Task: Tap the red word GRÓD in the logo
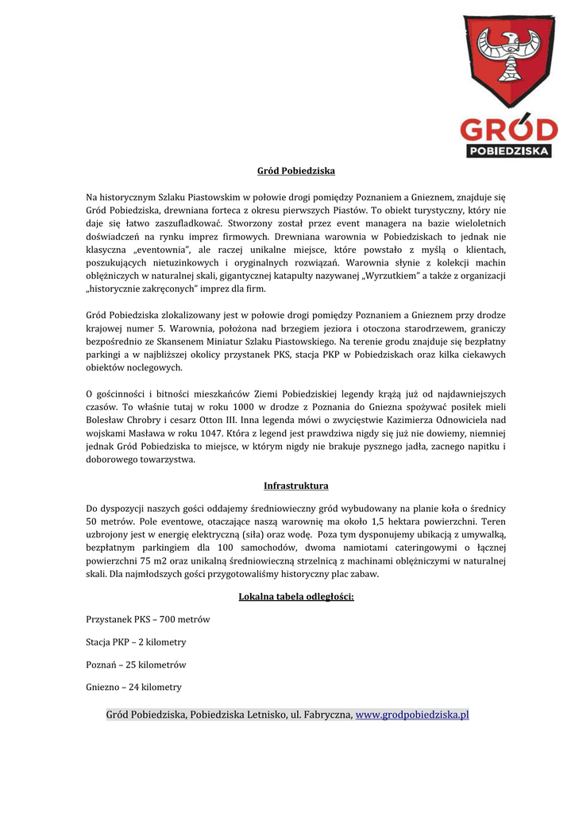509,129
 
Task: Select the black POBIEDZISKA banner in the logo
509,150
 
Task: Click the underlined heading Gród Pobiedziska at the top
295,171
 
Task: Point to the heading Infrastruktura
295,486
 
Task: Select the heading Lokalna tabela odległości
295,597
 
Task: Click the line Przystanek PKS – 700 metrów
148,619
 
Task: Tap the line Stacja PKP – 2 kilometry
136,642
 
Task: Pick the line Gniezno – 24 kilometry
133,687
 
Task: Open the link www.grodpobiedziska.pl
412,715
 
